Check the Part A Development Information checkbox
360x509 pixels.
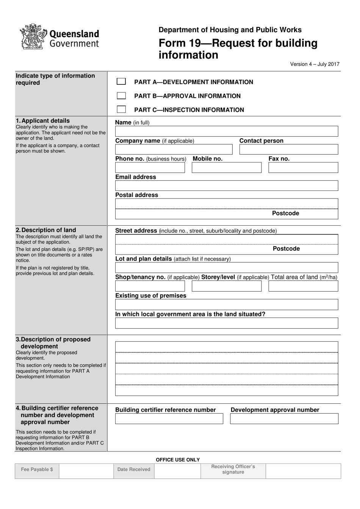pyautogui.click(x=121, y=81)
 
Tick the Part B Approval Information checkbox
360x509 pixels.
pyautogui.click(x=121, y=95)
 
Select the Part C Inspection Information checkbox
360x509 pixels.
pyautogui.click(x=121, y=109)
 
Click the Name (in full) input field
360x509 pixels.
pyautogui.click(x=226, y=131)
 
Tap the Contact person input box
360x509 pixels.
pyautogui.click(x=288, y=149)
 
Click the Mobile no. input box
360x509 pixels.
pyautogui.click(x=226, y=167)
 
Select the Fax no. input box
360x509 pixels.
pyautogui.click(x=303, y=167)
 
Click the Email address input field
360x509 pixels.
pyautogui.click(x=226, y=186)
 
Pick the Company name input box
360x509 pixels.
pyautogui.click(x=174, y=149)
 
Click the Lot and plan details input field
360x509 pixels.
pyautogui.click(x=226, y=267)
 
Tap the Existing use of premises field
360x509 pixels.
pyautogui.click(x=226, y=304)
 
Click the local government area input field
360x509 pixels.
pyautogui.click(x=226, y=323)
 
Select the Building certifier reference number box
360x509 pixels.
pyautogui.click(x=169, y=418)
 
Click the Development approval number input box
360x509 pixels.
pyautogui.click(x=284, y=418)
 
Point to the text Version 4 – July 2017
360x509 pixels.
pyautogui.click(x=315, y=64)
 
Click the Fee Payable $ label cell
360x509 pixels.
pyautogui.click(x=37, y=470)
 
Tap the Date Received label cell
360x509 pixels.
pyautogui.click(x=134, y=470)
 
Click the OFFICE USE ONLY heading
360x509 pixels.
pyautogui.click(x=178, y=460)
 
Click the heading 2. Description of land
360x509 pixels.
pyautogui.click(x=46, y=230)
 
